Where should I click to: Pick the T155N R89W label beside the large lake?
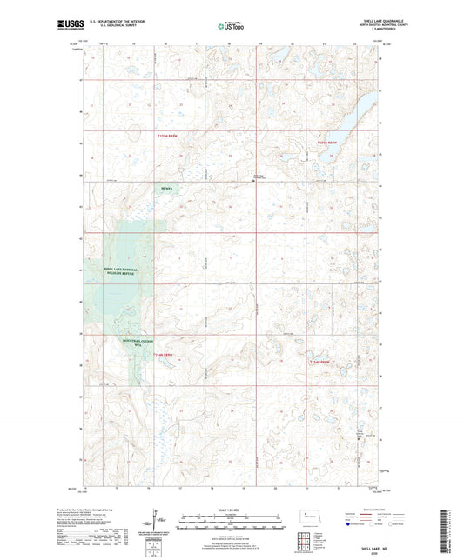[x=328, y=143]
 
